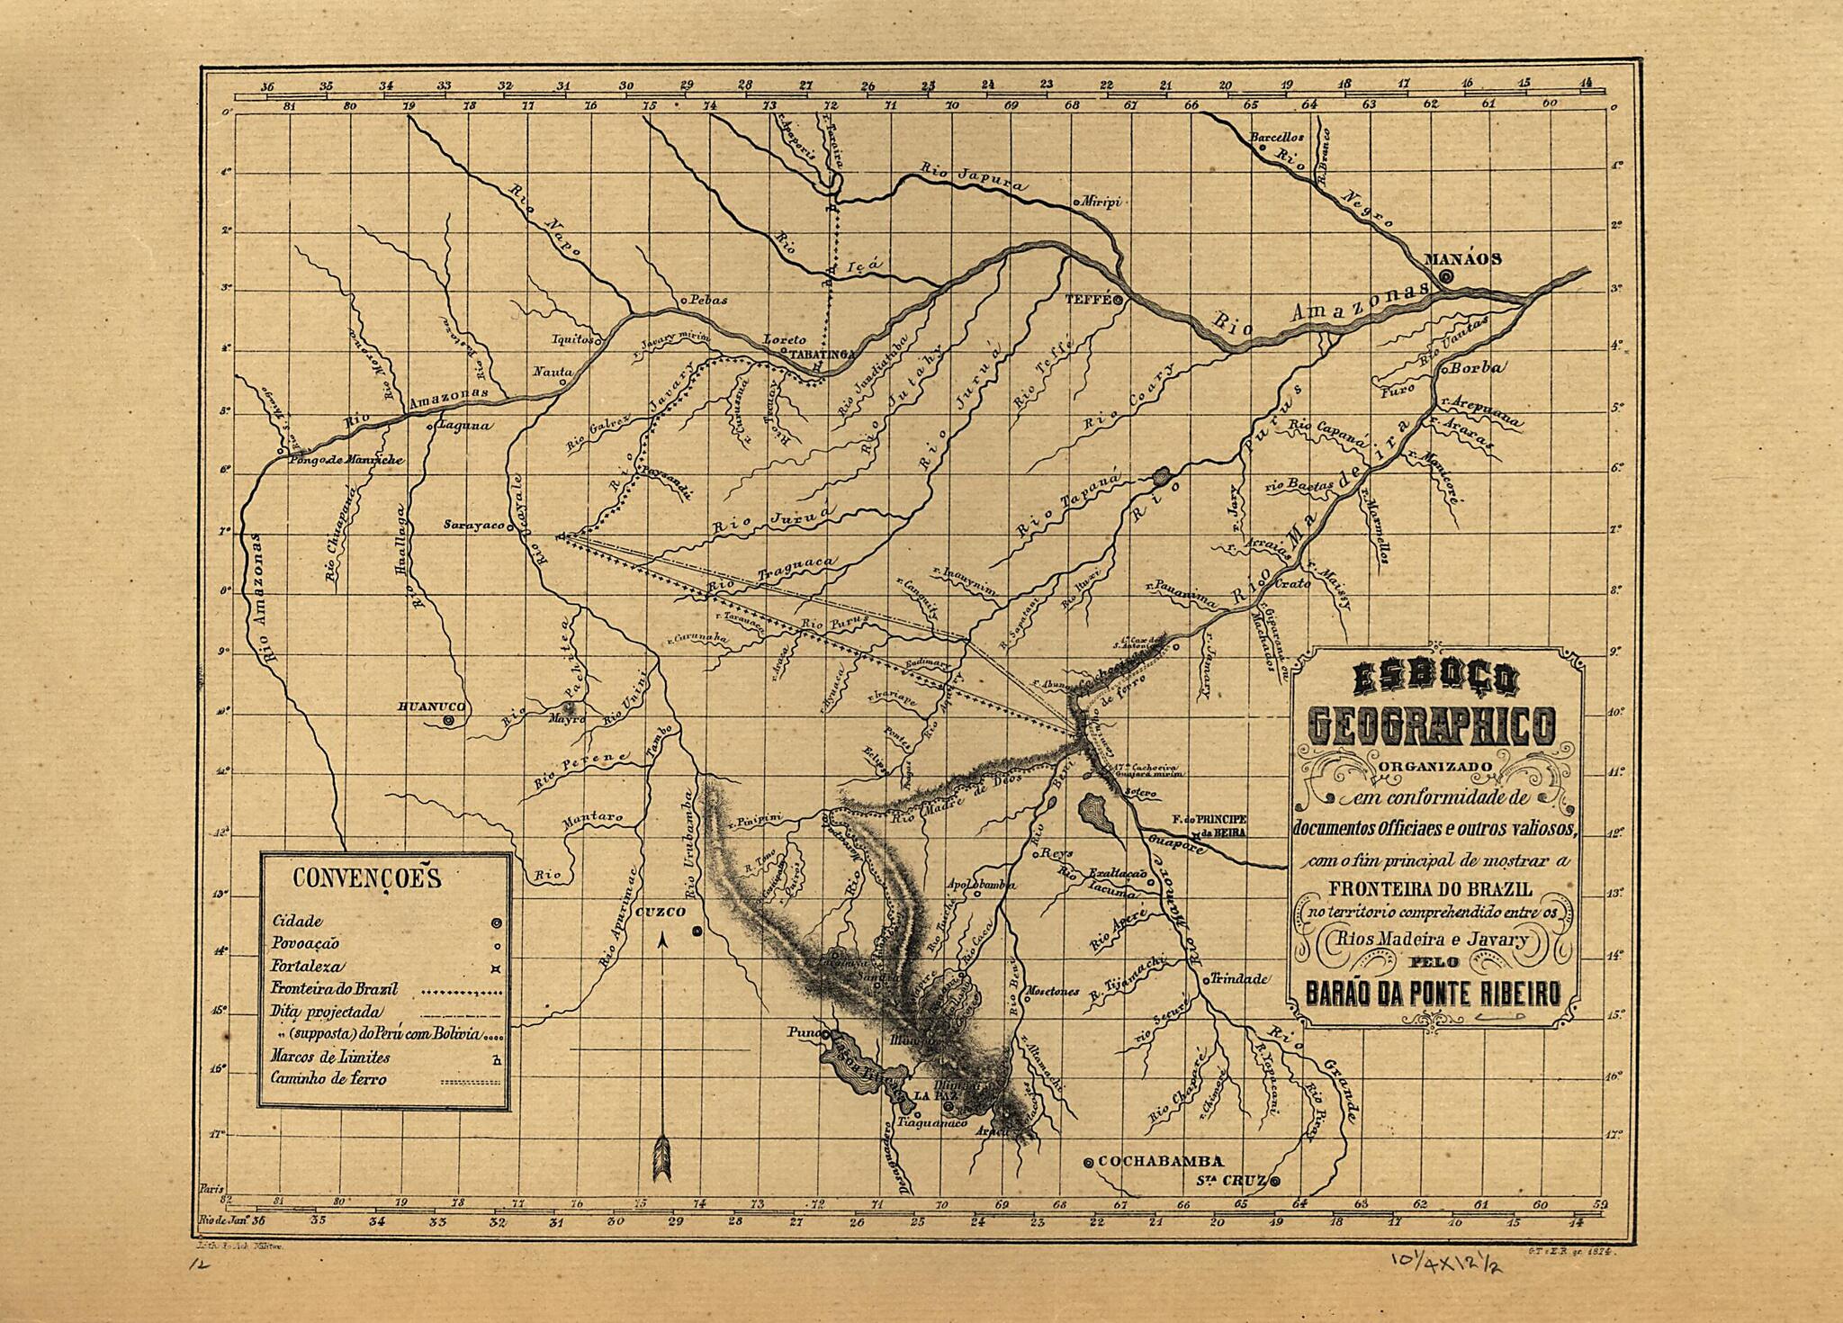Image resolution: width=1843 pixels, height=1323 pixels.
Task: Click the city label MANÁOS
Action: tap(1461, 258)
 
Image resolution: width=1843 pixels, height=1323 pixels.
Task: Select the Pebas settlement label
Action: tap(708, 300)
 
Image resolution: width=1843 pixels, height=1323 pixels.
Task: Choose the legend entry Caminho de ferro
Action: tap(329, 1078)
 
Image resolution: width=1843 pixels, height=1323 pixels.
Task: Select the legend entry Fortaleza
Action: tap(307, 967)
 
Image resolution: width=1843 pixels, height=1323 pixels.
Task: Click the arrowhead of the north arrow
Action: tap(662, 941)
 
